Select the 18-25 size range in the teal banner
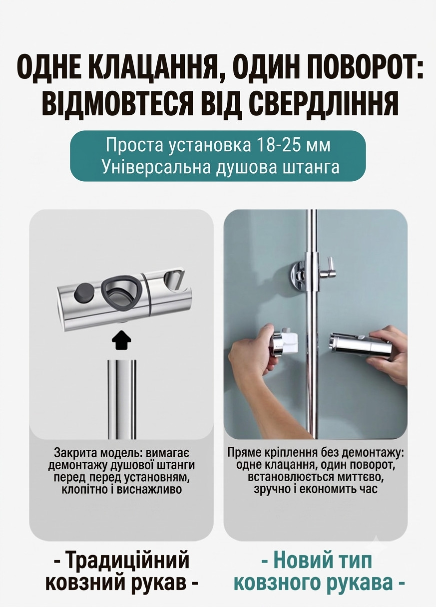(x=283, y=145)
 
